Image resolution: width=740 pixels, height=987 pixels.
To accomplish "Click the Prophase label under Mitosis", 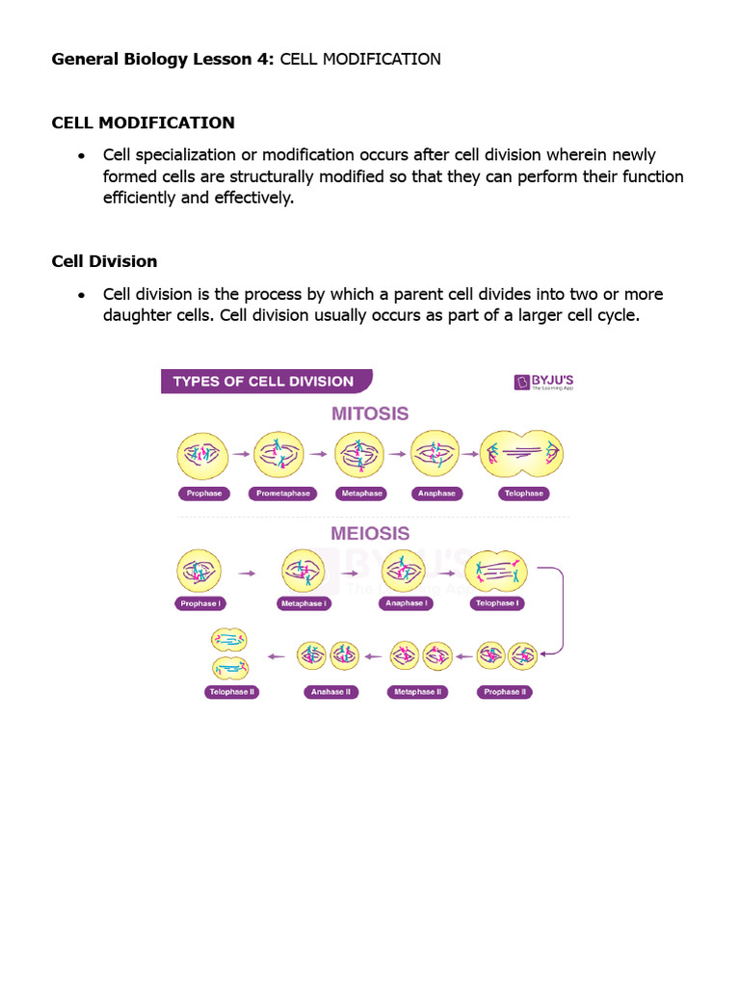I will [x=202, y=493].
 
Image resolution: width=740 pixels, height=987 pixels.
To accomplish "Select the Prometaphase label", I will [x=282, y=493].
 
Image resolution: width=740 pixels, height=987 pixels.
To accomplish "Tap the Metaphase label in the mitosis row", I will [x=361, y=493].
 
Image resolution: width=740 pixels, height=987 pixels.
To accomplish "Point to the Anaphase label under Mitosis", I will [x=436, y=493].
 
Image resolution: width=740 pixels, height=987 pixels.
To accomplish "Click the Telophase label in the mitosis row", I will [x=523, y=493].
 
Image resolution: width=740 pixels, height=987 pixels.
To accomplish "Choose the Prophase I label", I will [x=200, y=603].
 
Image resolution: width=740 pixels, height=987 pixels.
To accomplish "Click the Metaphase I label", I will [x=304, y=603].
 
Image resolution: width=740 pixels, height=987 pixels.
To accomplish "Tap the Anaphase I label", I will [x=406, y=603].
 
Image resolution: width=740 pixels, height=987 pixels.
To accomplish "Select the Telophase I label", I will [x=497, y=603].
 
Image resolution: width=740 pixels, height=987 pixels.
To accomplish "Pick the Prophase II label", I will [x=505, y=692].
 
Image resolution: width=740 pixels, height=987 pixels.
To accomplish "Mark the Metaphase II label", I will [x=417, y=692].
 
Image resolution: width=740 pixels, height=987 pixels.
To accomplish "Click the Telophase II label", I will [x=231, y=692].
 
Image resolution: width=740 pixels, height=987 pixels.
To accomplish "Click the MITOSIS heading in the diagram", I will [x=370, y=413].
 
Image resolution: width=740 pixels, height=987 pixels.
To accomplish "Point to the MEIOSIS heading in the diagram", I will [x=370, y=533].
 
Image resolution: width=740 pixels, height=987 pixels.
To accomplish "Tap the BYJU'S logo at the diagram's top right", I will [x=543, y=382].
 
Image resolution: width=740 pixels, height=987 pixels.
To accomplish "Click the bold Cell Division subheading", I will [x=104, y=261].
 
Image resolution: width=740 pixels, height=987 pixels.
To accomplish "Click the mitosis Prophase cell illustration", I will [x=202, y=455].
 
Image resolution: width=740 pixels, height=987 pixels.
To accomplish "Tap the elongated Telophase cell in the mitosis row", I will [x=521, y=454].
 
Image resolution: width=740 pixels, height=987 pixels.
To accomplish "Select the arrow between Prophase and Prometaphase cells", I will [x=241, y=454].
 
